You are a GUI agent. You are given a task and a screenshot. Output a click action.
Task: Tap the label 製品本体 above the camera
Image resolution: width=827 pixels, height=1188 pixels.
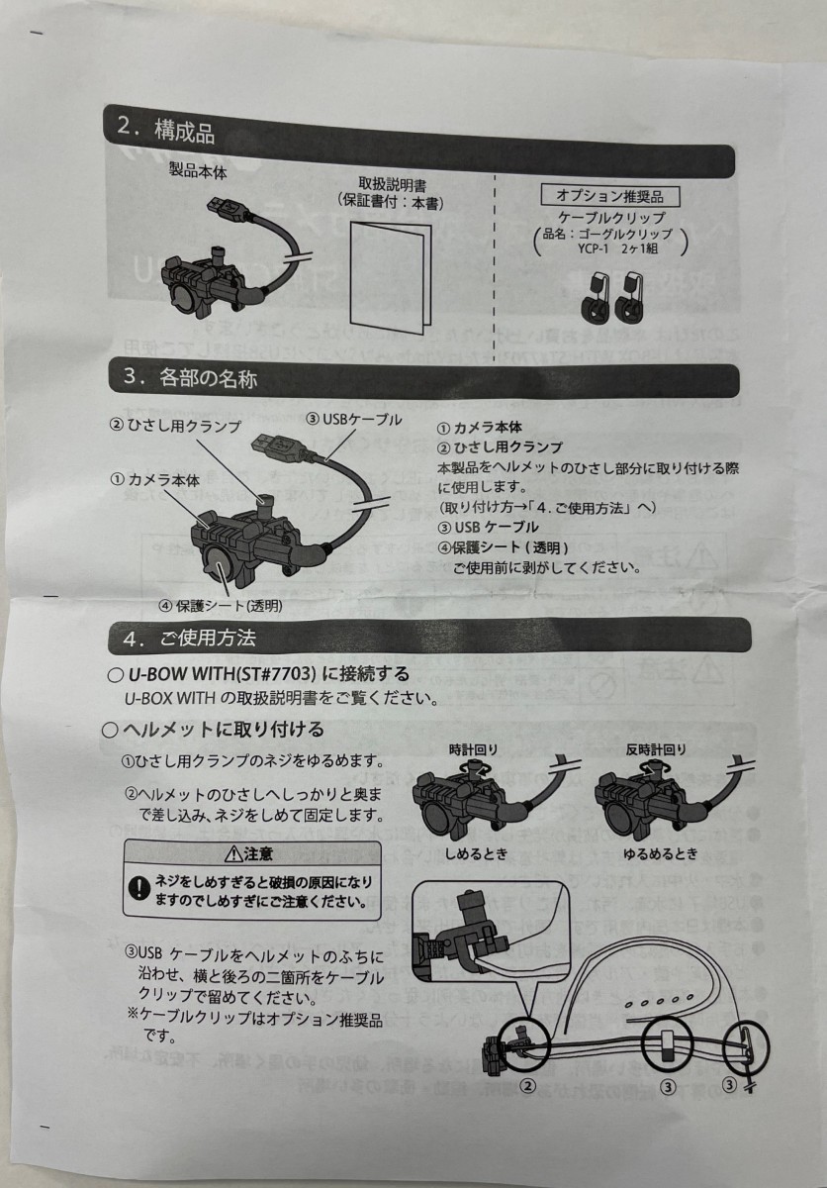tap(198, 171)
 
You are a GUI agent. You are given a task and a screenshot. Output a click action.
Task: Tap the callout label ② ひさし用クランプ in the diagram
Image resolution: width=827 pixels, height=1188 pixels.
tap(175, 426)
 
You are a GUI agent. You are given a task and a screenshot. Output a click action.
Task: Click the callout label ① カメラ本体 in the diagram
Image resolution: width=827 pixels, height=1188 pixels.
tap(155, 478)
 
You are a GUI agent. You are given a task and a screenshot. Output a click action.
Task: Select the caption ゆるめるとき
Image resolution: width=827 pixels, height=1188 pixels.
tap(661, 853)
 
